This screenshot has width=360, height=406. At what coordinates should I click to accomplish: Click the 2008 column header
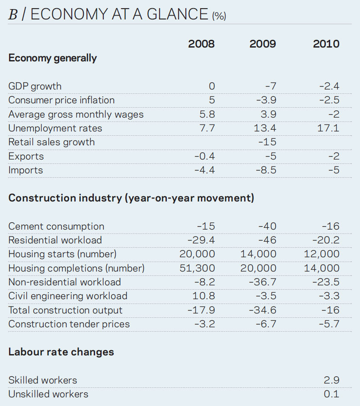[x=201, y=44]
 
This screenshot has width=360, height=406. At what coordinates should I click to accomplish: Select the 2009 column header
[x=263, y=44]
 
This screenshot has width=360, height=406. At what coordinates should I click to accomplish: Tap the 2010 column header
[x=326, y=44]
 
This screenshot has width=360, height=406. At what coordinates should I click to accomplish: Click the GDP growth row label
[x=35, y=86]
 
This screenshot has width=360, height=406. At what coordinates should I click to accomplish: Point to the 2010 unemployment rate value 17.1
[x=328, y=128]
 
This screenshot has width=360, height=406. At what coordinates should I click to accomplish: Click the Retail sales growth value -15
[x=267, y=142]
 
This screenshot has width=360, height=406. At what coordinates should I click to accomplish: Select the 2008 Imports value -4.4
[x=204, y=170]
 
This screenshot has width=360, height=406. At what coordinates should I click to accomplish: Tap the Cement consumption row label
[x=56, y=226]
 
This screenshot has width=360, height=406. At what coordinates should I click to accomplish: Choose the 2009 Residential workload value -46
[x=267, y=240]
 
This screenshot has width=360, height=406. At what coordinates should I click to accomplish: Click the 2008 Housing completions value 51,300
[x=197, y=268]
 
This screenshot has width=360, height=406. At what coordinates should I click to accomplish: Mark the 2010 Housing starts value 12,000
[x=322, y=254]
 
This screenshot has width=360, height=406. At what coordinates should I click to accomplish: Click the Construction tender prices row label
[x=69, y=324]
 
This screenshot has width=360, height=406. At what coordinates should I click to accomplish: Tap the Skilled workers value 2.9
[x=331, y=380]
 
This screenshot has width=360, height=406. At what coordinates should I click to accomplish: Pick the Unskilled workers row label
[x=48, y=394]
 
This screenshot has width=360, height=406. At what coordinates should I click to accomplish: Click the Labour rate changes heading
[x=61, y=352]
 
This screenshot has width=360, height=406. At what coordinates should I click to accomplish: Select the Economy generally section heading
[x=52, y=58]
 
